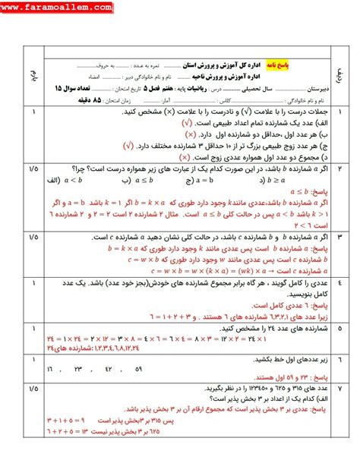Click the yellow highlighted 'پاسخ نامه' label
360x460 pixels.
click(x=307, y=66)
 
